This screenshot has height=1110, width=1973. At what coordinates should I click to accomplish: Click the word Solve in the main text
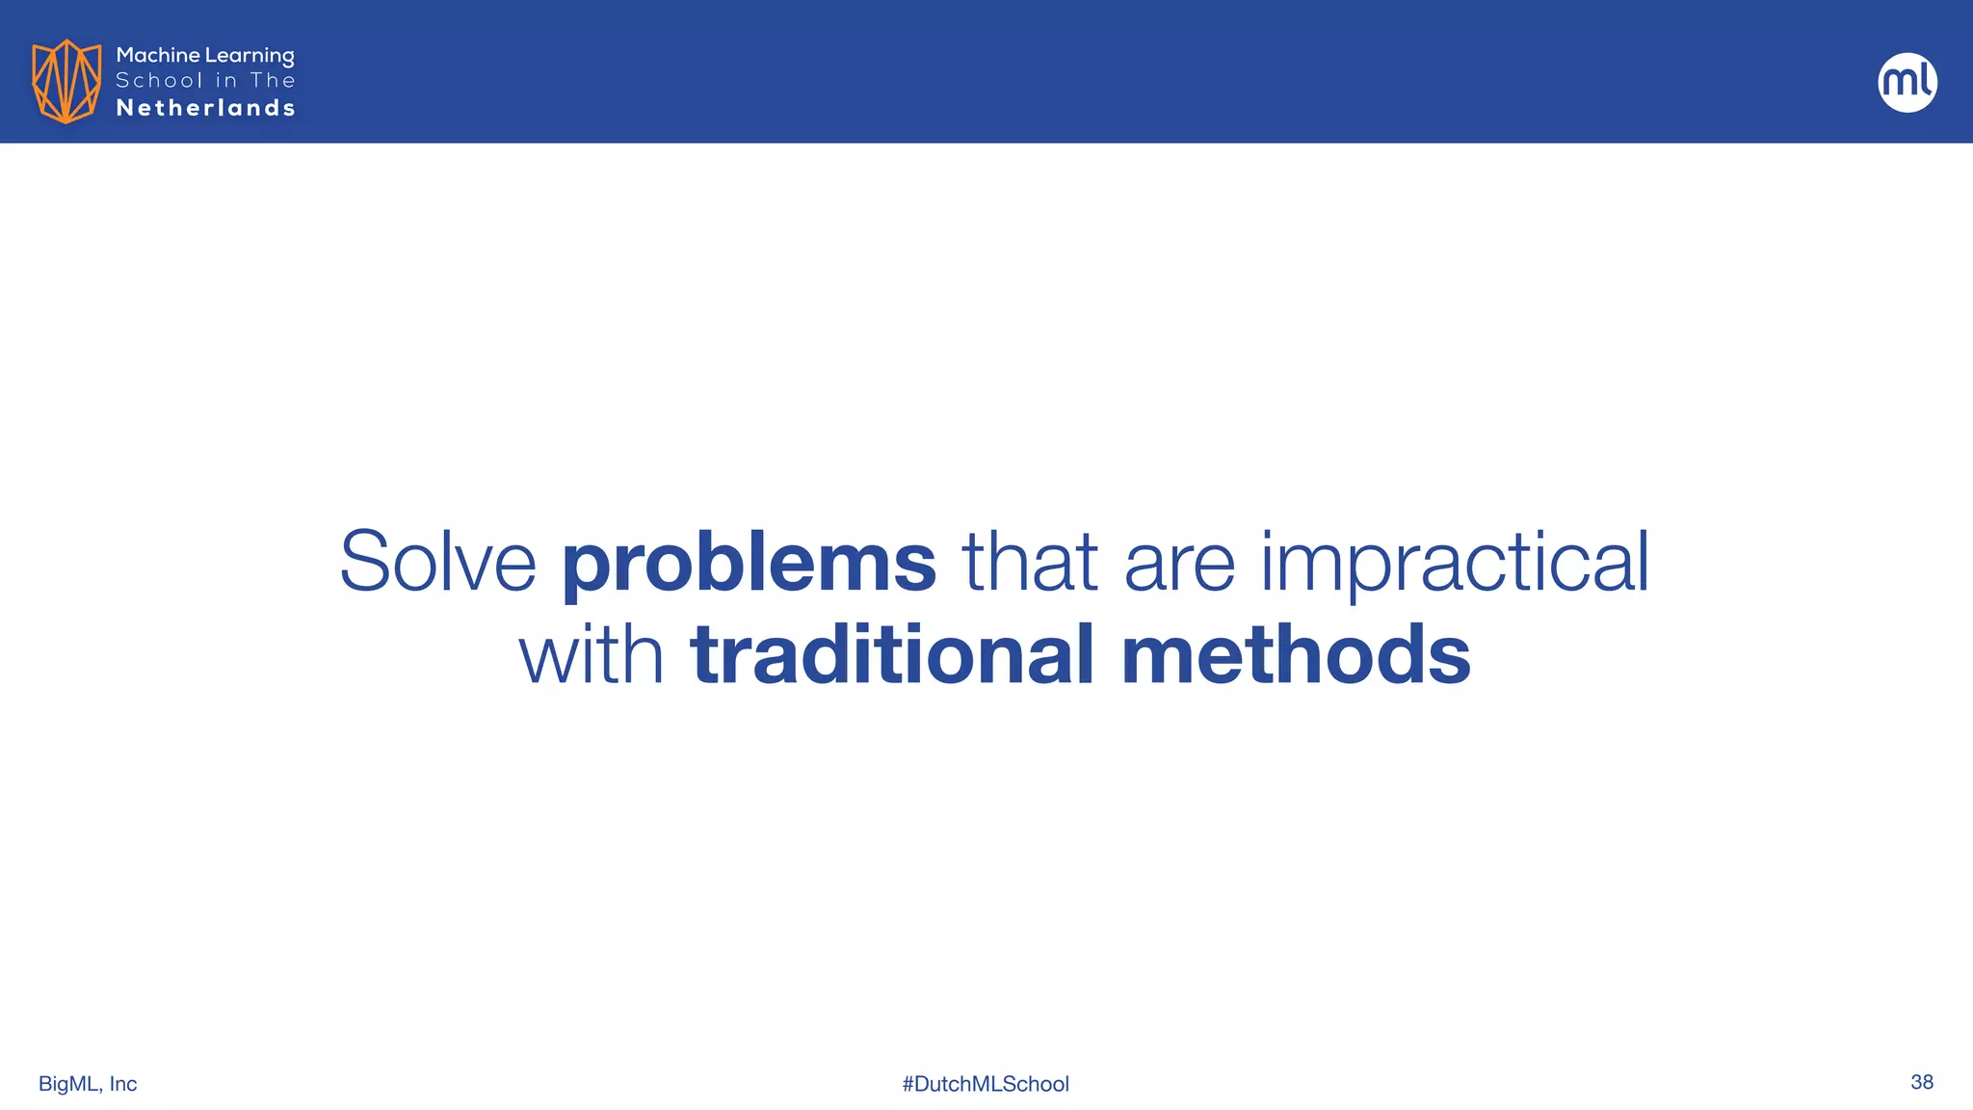click(x=437, y=562)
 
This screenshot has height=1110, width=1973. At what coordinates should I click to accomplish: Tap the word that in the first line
click(x=1029, y=562)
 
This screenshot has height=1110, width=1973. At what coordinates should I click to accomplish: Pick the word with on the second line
click(x=591, y=655)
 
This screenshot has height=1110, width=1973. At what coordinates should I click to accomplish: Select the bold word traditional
click(x=892, y=655)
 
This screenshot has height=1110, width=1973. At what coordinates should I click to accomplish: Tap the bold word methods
click(x=1296, y=655)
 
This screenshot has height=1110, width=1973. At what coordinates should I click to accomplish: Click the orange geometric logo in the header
click(x=66, y=81)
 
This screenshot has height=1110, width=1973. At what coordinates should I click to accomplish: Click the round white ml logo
click(x=1907, y=82)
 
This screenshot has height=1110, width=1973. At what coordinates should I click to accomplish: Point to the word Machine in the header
click(x=158, y=55)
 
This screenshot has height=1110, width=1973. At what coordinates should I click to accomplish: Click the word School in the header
click(x=159, y=81)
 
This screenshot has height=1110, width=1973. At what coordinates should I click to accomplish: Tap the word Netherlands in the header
click(x=205, y=108)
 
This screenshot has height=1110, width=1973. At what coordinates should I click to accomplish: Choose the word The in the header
click(x=273, y=81)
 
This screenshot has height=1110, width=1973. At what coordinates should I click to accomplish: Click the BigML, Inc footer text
click(x=88, y=1084)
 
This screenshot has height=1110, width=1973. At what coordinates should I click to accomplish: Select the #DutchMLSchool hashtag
click(x=986, y=1084)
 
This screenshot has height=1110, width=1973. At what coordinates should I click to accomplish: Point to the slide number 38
click(x=1921, y=1082)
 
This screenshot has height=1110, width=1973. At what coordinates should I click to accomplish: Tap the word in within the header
click(x=226, y=81)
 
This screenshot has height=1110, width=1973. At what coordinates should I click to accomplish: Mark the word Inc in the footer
click(x=122, y=1084)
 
